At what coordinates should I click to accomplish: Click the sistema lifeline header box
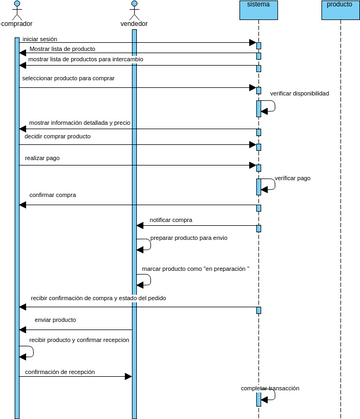[x=258, y=9]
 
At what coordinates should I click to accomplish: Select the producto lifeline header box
[x=339, y=9]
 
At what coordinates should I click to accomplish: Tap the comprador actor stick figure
[x=17, y=9]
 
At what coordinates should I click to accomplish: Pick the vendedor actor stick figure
[x=133, y=9]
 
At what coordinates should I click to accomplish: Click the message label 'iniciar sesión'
[x=40, y=39]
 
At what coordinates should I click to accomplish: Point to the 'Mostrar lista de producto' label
[x=62, y=49]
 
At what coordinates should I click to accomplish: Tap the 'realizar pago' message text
[x=44, y=158]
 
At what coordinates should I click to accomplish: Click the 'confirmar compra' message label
[x=53, y=195]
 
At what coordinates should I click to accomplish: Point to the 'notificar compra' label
[x=171, y=220]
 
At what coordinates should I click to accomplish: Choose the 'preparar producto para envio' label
[x=188, y=238]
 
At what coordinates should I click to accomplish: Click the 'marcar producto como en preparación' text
[x=195, y=269]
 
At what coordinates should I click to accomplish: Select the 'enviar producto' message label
[x=55, y=320]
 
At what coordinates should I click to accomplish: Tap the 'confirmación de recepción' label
[x=60, y=372]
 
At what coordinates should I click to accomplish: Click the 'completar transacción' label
[x=270, y=388]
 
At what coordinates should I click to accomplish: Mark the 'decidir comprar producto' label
[x=57, y=136]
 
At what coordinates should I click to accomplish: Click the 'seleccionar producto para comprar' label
[x=69, y=77]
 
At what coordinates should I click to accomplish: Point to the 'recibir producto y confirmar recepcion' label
[x=79, y=340]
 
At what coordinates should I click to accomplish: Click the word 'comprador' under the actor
[x=17, y=23]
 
